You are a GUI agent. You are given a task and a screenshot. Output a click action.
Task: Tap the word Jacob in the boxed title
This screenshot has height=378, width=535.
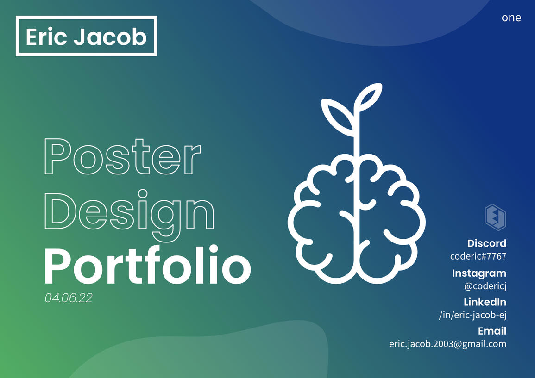110,37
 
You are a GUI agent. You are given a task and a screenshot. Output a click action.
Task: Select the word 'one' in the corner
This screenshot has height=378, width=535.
511,18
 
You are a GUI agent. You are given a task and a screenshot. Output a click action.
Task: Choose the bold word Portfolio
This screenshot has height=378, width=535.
147,266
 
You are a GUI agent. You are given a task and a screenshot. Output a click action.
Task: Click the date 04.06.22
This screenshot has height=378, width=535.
69,298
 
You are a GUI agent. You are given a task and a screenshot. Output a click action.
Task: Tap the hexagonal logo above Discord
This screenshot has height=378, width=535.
495,217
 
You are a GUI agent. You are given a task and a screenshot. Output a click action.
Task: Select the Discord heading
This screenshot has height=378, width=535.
486,243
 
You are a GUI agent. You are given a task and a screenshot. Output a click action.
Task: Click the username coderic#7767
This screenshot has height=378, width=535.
478,256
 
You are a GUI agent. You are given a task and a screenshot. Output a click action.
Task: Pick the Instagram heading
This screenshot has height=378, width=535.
479,273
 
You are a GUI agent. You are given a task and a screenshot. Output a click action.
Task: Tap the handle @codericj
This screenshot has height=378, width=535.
485,286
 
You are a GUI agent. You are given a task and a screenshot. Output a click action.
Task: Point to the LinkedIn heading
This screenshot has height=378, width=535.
485,302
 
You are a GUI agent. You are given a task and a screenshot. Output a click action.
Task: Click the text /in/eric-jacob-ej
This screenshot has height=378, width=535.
472,315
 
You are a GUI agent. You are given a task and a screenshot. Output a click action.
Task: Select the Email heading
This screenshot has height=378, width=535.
492,331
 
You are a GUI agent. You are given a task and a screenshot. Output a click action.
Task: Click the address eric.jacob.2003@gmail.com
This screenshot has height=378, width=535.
447,344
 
